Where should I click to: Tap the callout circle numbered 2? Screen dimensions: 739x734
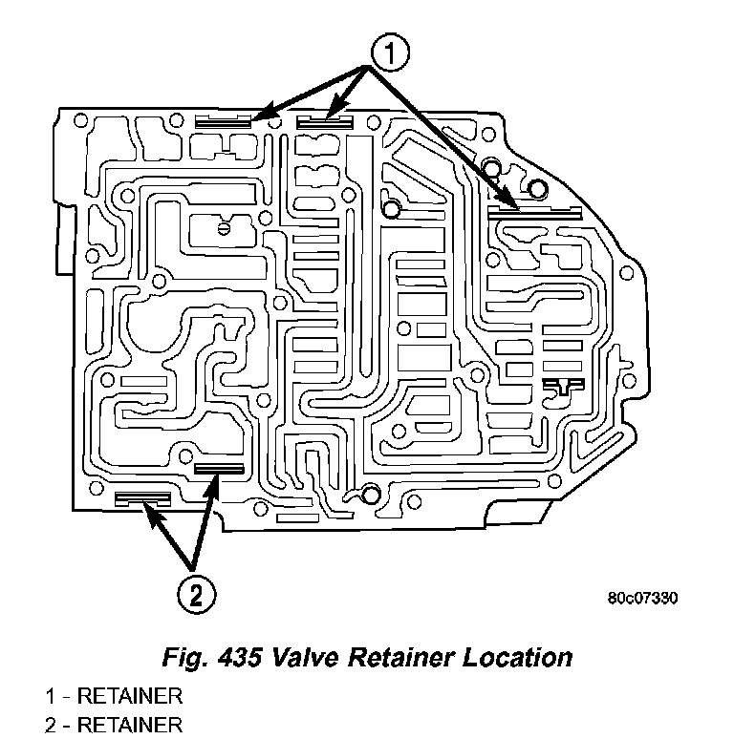click(196, 595)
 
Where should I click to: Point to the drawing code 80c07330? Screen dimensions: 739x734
click(642, 599)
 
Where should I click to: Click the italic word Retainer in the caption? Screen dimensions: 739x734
click(387, 658)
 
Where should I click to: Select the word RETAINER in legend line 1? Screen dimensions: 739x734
click(130, 696)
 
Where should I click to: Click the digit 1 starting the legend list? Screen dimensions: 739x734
click(50, 696)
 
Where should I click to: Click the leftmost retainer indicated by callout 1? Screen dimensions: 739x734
click(223, 121)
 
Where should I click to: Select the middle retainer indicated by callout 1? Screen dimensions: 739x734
click(325, 121)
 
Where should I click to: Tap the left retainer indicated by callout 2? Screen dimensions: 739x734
click(142, 498)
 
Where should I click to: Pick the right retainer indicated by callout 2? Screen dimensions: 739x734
click(219, 468)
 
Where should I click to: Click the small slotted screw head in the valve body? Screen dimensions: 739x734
click(222, 228)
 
